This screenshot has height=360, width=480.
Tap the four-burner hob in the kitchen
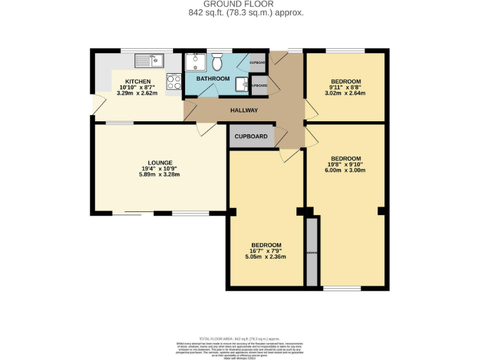174,81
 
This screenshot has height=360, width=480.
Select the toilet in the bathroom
217,63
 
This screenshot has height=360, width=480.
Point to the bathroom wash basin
241,86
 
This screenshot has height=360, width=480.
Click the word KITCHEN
137,82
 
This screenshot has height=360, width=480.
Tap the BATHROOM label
213,79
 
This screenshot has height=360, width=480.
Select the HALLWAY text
244,111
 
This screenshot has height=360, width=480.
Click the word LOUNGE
160,162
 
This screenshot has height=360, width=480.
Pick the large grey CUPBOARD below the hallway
251,136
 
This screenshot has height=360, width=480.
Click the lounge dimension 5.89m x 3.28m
160,174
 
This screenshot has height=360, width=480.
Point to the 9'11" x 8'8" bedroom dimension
346,87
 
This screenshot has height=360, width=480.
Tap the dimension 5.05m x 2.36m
266,256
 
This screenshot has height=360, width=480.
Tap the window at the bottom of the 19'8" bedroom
342,288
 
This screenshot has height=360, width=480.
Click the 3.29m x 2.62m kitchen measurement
137,94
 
